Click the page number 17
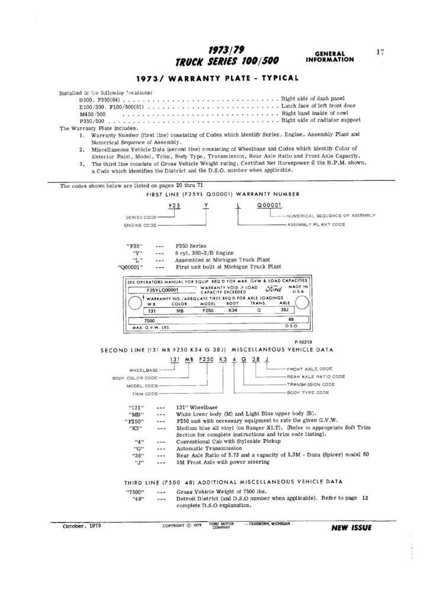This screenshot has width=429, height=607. (x=380, y=52)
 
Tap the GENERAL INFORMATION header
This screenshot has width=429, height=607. (x=330, y=56)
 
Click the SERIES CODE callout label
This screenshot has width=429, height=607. (x=140, y=218)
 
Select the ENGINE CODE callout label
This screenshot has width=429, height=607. (x=140, y=226)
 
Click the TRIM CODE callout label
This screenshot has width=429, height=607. (x=143, y=394)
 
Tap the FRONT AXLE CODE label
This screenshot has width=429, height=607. (x=309, y=369)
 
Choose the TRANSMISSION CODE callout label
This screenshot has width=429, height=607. (x=311, y=385)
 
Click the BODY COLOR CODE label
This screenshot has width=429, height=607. (x=135, y=378)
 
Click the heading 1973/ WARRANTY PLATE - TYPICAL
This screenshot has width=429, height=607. (x=217, y=78)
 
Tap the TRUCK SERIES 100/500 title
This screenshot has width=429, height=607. (x=227, y=62)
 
